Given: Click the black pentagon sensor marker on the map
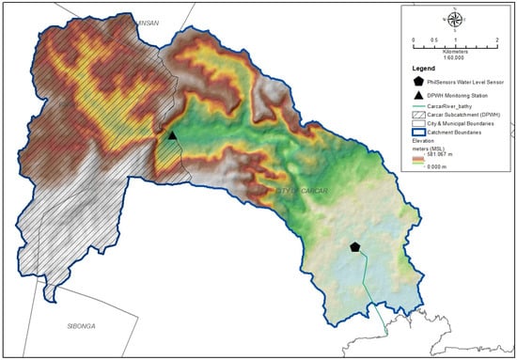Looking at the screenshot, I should pos(354,246).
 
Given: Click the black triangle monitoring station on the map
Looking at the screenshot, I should pos(172,136).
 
